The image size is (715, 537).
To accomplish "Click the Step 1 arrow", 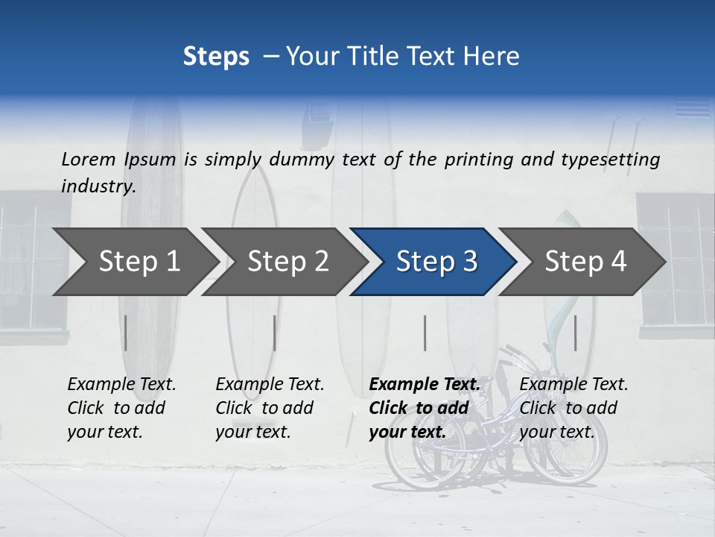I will point(134,261).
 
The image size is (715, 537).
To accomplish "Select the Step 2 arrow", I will point(284,261).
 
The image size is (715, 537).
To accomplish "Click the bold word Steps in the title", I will point(216,56).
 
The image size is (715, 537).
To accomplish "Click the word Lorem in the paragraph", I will point(89,159).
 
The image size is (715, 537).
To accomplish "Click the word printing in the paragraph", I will point(470,159).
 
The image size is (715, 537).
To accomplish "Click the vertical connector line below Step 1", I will point(126,333).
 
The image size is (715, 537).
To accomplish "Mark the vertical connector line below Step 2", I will point(275,333).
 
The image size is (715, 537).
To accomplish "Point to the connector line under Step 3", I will point(425,333).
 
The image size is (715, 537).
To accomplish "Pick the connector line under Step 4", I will point(575,333).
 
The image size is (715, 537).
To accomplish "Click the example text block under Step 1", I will point(121,408).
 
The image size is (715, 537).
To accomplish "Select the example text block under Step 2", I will point(270,408).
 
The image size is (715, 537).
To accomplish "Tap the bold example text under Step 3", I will point(425,408).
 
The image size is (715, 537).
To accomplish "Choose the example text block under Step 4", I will point(573,408).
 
